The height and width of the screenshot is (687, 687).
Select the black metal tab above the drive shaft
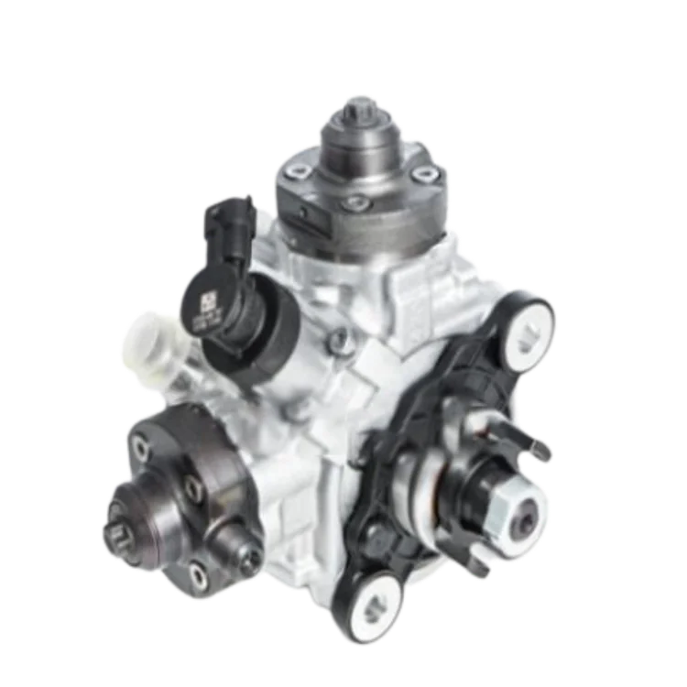pos(540,443)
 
